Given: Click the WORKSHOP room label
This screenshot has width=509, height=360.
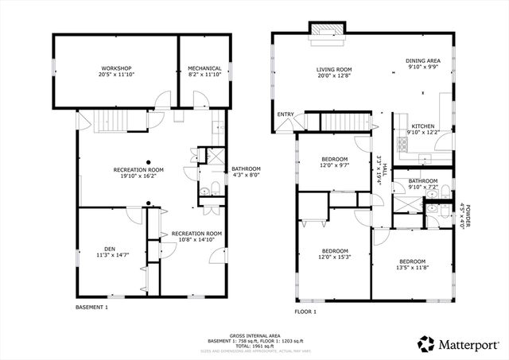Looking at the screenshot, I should (x=115, y=68).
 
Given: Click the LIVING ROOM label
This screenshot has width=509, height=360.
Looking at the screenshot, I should (x=333, y=70).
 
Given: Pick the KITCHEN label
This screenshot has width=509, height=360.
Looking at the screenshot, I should (x=422, y=126).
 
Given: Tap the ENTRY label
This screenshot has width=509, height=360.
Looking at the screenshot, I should (x=285, y=114).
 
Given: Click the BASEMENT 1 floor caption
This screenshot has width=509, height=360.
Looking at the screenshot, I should (x=91, y=307).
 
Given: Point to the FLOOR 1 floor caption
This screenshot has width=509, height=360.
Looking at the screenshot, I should (x=305, y=312).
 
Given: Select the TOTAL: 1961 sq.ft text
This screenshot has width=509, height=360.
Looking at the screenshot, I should (x=253, y=345).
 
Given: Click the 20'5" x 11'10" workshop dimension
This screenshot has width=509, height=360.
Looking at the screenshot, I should (x=115, y=75).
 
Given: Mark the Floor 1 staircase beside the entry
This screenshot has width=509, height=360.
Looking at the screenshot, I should (x=346, y=121).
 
